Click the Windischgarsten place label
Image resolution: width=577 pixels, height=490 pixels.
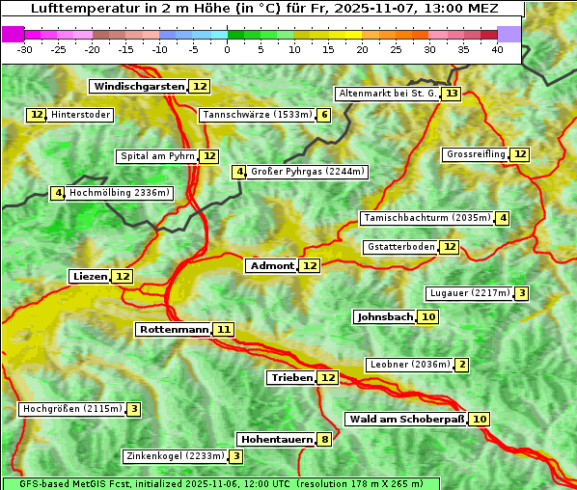(139, 86)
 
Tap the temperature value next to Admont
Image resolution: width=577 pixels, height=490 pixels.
(309, 265)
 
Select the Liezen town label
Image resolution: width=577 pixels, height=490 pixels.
(90, 276)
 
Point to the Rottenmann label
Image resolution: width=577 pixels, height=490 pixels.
(174, 329)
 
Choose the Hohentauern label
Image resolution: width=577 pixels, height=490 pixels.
(277, 439)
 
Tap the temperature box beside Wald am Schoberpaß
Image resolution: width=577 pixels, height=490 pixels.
(480, 419)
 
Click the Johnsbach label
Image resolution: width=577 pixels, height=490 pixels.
(385, 316)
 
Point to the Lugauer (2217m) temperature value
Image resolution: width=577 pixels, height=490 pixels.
(521, 293)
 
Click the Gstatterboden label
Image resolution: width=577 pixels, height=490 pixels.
(400, 247)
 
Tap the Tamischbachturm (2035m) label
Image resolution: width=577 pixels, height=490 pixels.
(426, 218)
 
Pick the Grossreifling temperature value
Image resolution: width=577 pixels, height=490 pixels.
(520, 154)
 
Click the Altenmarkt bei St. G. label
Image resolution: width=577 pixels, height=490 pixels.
(387, 94)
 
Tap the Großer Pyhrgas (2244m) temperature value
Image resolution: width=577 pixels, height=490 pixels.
(239, 172)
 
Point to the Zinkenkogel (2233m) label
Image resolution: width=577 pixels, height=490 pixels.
(175, 456)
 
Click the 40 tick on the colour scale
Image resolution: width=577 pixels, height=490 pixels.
(497, 48)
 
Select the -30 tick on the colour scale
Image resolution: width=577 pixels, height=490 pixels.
(24, 48)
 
